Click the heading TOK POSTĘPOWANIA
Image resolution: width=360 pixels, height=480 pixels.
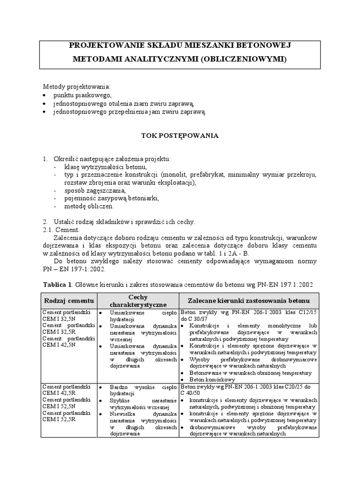(x=180, y=135)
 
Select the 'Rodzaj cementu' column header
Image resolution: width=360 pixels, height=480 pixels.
(x=69, y=300)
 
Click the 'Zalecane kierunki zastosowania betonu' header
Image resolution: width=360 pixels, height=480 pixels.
(x=248, y=300)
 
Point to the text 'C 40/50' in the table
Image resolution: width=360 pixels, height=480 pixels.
(x=191, y=393)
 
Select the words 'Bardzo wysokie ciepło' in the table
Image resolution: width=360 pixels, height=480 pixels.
(x=142, y=387)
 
